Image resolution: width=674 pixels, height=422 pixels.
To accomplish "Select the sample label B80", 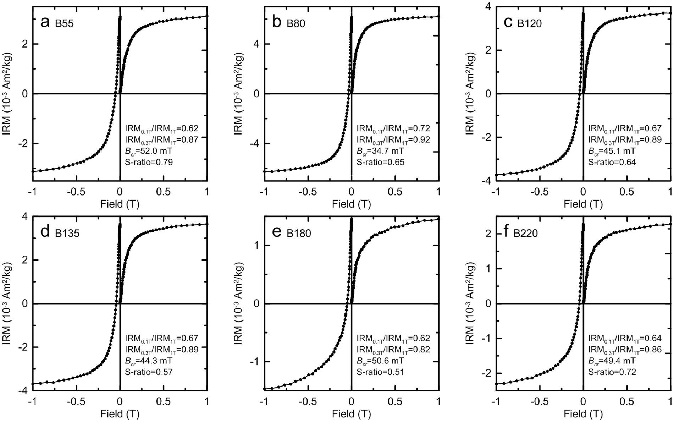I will [x=296, y=24].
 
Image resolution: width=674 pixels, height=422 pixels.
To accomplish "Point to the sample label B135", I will [x=67, y=234].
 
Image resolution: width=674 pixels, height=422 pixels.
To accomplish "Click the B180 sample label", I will [x=299, y=234].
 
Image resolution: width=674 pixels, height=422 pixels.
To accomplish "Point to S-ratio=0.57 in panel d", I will [x=149, y=372].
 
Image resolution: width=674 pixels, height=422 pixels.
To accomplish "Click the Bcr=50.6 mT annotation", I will [x=380, y=361].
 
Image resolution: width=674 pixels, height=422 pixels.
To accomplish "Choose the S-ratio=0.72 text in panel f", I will [x=612, y=372].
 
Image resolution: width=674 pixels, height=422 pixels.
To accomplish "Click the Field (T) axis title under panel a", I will [x=120, y=204].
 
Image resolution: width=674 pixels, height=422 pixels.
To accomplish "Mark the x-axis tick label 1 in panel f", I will [x=670, y=402].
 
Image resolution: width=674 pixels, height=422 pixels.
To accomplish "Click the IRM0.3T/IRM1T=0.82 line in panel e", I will [x=393, y=350].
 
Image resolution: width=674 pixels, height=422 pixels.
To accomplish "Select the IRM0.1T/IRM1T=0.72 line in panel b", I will [x=393, y=128].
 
